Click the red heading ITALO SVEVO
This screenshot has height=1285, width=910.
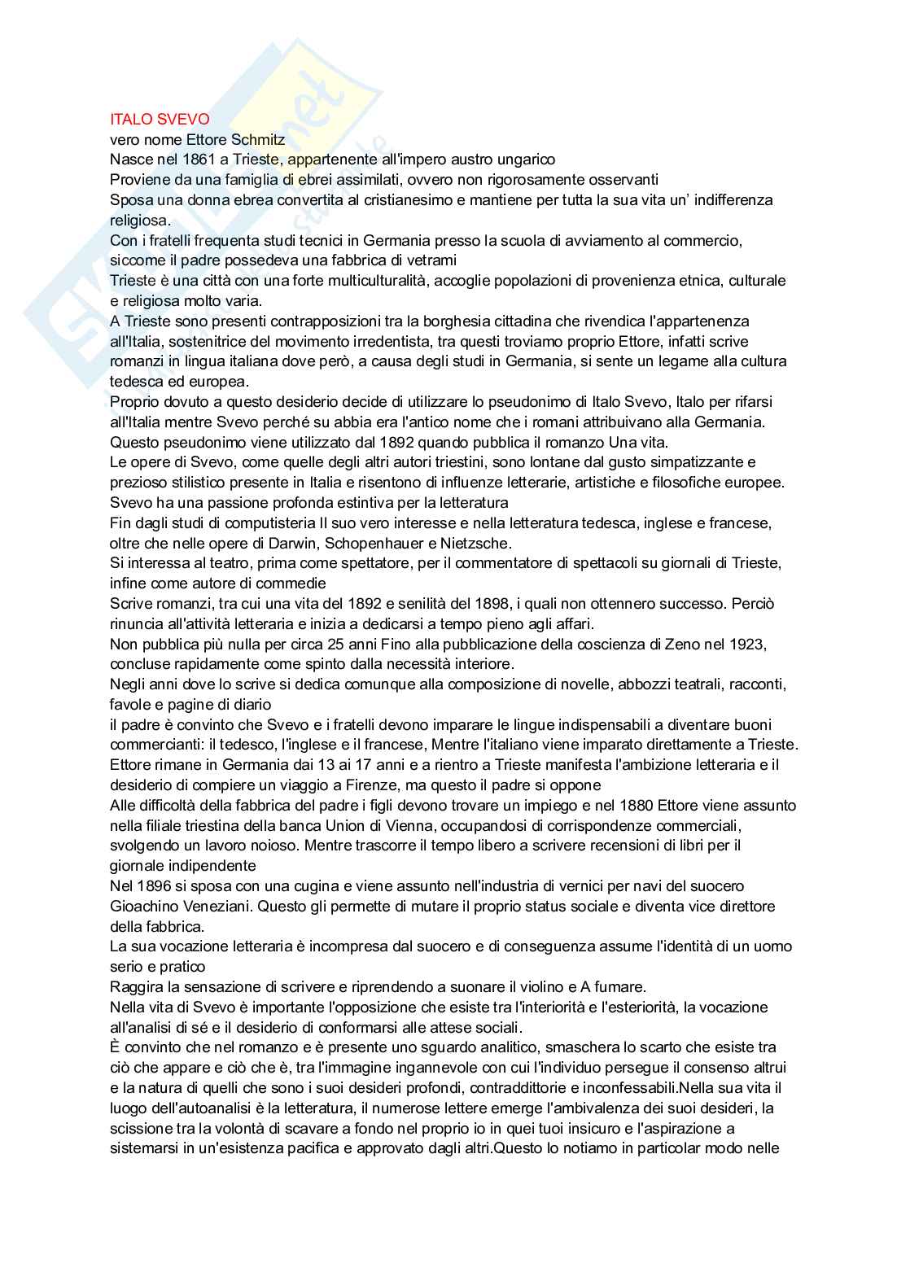[160, 120]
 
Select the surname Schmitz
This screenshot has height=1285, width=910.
[256, 140]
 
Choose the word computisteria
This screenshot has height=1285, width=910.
[234, 522]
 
